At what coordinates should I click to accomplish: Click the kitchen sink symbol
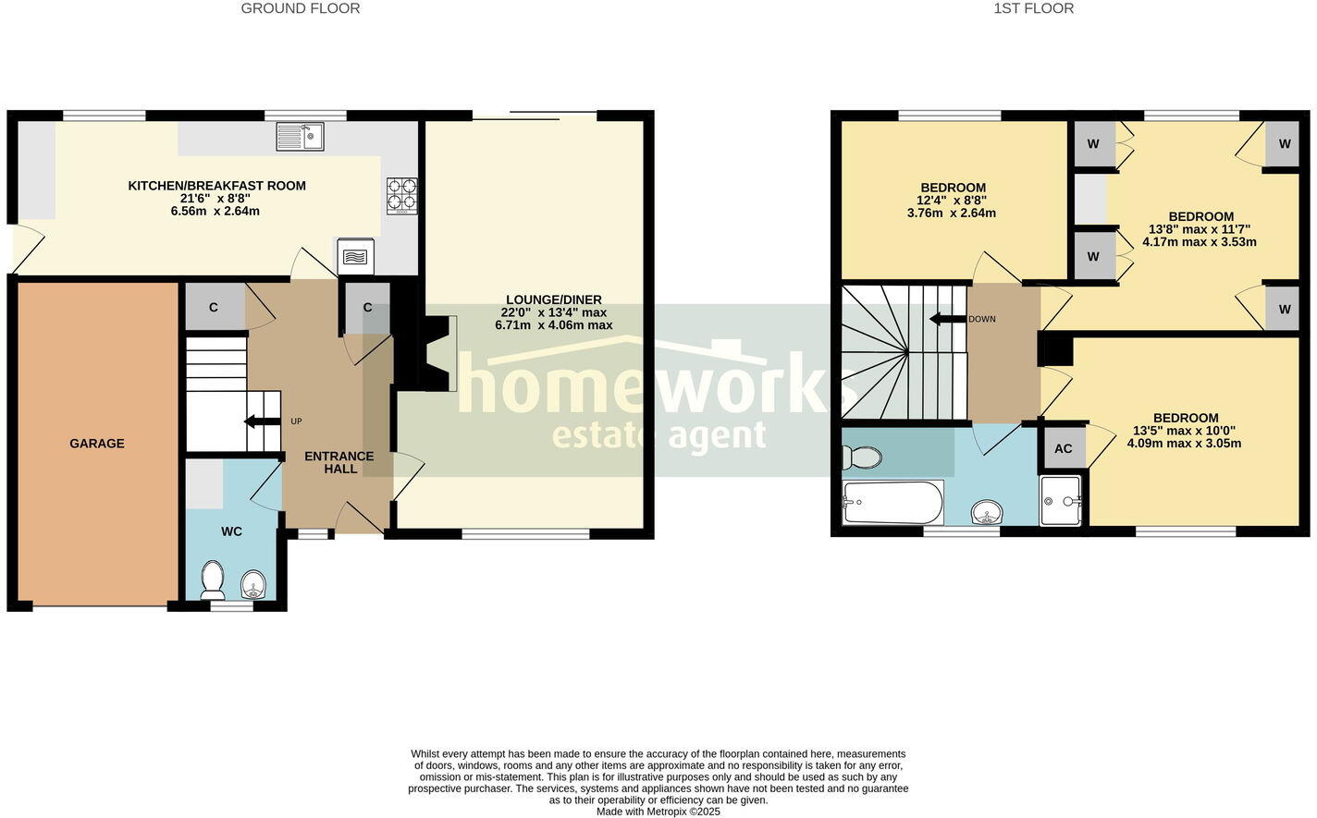tap(300, 137)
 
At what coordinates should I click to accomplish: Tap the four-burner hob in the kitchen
tap(401, 196)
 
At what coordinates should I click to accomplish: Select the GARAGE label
tap(97, 444)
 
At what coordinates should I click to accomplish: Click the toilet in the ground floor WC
tap(213, 580)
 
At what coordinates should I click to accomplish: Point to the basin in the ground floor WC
tap(253, 584)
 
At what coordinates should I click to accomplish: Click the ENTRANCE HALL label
tap(339, 462)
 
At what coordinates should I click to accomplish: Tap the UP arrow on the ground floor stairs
tap(263, 421)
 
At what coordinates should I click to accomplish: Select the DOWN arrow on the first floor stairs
tap(947, 319)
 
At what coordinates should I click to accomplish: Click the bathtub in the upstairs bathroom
tap(892, 503)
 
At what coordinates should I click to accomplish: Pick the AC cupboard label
tap(1064, 448)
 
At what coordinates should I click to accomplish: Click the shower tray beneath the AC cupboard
tap(1061, 501)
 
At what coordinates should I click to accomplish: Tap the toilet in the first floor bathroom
tap(860, 457)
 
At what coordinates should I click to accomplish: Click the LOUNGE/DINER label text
tap(553, 299)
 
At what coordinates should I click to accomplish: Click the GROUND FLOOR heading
tap(301, 8)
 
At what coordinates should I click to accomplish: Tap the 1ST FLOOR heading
tap(1033, 8)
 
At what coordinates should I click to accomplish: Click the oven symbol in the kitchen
tap(355, 256)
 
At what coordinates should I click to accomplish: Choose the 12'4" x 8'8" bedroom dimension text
tap(952, 200)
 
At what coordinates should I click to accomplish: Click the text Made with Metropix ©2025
tap(658, 812)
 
